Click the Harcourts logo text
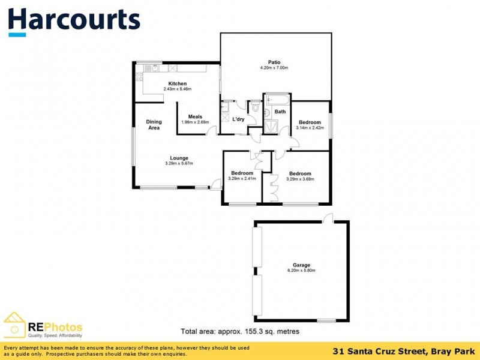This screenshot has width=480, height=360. pos(74,20)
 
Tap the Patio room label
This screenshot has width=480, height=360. pos(274,62)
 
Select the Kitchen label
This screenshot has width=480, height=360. pos(178,83)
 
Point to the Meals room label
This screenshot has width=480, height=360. pos(195,116)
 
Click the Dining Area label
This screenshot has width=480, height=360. pos(154,125)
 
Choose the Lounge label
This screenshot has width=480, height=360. pos(179,158)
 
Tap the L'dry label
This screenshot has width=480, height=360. pos(238,119)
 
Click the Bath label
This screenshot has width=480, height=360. pos(280,112)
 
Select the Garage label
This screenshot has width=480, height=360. pos(301,265)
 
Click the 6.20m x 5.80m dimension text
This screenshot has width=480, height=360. pos(301,271)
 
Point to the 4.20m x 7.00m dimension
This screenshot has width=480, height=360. pos(274,68)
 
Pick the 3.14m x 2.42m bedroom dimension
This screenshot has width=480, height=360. pos(310,128)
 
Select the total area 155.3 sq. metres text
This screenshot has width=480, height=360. pos(240,331)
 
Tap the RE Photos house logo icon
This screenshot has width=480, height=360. pos(14,325)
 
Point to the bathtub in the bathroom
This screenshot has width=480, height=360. pos(277,98)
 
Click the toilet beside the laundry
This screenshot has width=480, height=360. pos(255,108)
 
